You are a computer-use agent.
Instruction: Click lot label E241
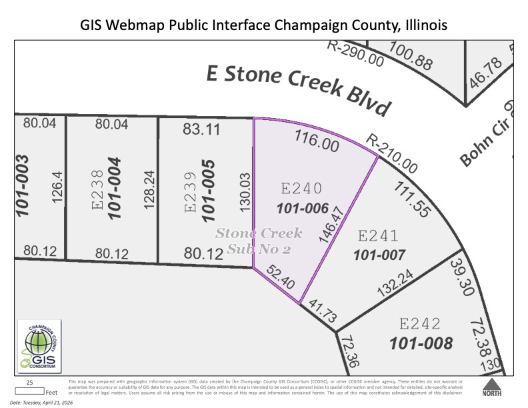379,236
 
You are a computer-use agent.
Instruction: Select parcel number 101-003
23,186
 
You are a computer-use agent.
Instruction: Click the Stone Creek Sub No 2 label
259,241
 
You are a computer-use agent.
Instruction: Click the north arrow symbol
492,387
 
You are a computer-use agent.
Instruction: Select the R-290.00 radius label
356,53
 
